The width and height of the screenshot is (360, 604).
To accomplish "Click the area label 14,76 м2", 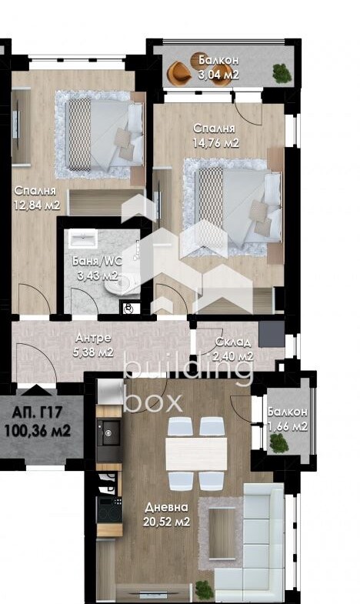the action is [215, 143].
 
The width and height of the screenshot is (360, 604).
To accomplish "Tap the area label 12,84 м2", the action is [37, 205].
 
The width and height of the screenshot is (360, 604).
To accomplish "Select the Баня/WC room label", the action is [97, 261].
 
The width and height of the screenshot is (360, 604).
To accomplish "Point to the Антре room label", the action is [93, 338].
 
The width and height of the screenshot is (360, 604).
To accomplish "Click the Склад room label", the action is [233, 342].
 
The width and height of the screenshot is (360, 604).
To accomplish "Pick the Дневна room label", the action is [166, 508].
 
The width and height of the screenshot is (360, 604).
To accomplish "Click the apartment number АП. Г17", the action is [37, 412].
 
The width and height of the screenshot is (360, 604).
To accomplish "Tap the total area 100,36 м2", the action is [37, 430].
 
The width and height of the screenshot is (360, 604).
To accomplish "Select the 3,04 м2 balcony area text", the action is [218, 75].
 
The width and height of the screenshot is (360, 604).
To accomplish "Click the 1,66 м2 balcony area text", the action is [288, 426].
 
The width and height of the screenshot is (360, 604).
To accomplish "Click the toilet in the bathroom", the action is [118, 285].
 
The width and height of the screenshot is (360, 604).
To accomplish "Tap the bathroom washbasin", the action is [83, 239].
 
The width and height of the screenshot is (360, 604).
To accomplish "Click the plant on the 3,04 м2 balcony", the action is [282, 73].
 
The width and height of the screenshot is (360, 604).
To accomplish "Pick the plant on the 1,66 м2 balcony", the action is [278, 443].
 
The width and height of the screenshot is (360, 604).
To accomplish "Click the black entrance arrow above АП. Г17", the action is [37, 391].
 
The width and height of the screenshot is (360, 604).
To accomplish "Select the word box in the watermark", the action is [153, 402].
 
